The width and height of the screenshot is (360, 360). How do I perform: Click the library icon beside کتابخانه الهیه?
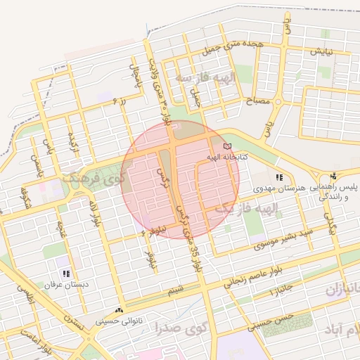226,146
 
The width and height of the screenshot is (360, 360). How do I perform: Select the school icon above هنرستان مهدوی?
279,178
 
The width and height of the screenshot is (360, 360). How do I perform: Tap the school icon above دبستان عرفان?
66,274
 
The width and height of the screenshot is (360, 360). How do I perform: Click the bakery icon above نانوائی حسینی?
118,309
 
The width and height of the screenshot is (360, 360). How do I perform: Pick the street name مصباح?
257,103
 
